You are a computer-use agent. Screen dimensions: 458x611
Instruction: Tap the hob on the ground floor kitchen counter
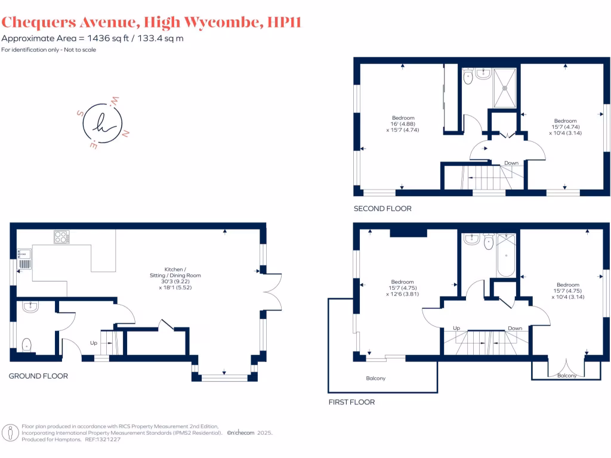coord(61,237)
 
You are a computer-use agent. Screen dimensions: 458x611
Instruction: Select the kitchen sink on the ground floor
coord(24,263)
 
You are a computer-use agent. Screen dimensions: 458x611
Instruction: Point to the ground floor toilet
coord(26,345)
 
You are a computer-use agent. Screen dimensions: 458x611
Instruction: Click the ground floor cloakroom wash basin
coord(30,307)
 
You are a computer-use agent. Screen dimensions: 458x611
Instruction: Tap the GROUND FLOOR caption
coord(38,376)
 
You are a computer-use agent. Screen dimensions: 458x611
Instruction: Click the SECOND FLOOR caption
coord(382,209)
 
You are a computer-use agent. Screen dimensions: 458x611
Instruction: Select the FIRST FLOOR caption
coord(351,402)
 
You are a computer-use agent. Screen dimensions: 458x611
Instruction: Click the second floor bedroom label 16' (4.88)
coord(403,123)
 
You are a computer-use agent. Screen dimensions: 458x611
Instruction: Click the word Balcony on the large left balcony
coord(375,379)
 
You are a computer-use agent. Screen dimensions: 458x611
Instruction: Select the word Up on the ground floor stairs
coord(93,343)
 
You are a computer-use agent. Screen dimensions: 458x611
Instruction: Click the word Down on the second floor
coord(511,163)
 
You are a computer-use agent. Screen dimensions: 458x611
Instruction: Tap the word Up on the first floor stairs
coord(456,328)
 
